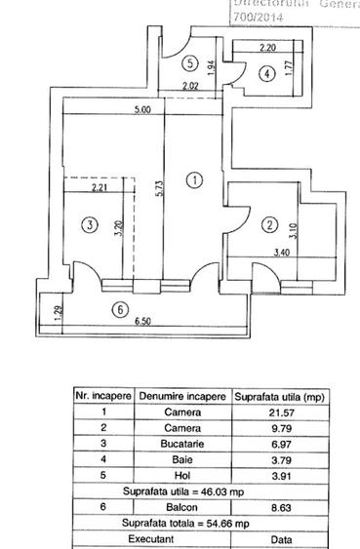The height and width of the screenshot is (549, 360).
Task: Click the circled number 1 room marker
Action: pos(195,179)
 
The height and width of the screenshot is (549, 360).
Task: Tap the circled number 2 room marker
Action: pos(269,227)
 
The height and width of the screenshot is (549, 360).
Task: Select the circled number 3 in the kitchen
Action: pos(90,225)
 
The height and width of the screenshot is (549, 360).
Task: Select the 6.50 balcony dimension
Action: pos(141,321)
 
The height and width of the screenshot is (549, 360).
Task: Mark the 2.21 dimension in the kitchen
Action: pos(99,188)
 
